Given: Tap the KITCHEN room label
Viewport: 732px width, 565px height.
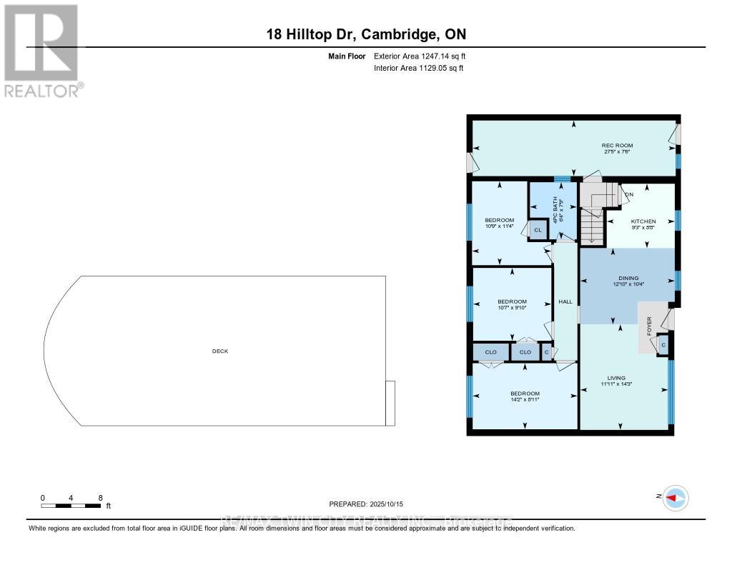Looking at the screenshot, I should (x=643, y=221).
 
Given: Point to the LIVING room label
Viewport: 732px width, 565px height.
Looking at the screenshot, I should (x=616, y=378).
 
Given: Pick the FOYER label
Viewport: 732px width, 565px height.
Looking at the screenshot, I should (x=649, y=326).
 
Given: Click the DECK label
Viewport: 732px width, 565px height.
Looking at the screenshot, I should (x=219, y=351).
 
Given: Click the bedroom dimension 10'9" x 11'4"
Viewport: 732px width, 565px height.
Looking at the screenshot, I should (x=499, y=226).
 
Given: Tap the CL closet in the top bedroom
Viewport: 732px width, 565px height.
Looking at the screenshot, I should (x=538, y=229).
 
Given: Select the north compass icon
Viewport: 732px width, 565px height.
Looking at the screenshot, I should (x=674, y=498).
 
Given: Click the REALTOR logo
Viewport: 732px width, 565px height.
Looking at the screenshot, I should (x=42, y=50).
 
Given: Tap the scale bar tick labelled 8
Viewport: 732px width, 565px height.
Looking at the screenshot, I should (x=101, y=498).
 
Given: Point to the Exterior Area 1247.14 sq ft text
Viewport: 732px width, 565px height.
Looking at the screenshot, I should (x=421, y=56).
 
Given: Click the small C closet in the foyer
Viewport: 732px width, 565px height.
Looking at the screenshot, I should (x=663, y=345).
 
